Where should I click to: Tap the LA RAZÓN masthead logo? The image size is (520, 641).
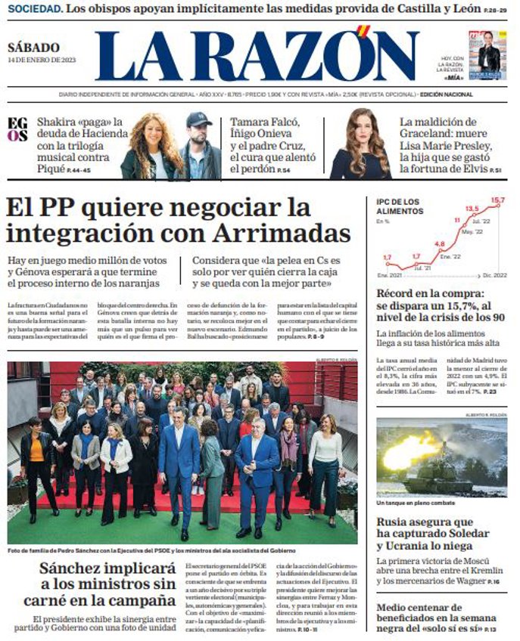(257, 56)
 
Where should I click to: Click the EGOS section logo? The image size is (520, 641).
(17, 130)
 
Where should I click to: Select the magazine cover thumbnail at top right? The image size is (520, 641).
(487, 54)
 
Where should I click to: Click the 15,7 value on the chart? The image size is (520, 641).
(497, 201)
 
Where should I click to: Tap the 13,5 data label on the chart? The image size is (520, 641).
(472, 208)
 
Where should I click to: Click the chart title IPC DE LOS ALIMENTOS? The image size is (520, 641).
(400, 206)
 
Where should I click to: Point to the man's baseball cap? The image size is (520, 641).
(199, 119)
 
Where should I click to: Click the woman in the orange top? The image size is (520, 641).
(36, 448)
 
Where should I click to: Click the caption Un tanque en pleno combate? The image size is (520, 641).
(416, 503)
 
